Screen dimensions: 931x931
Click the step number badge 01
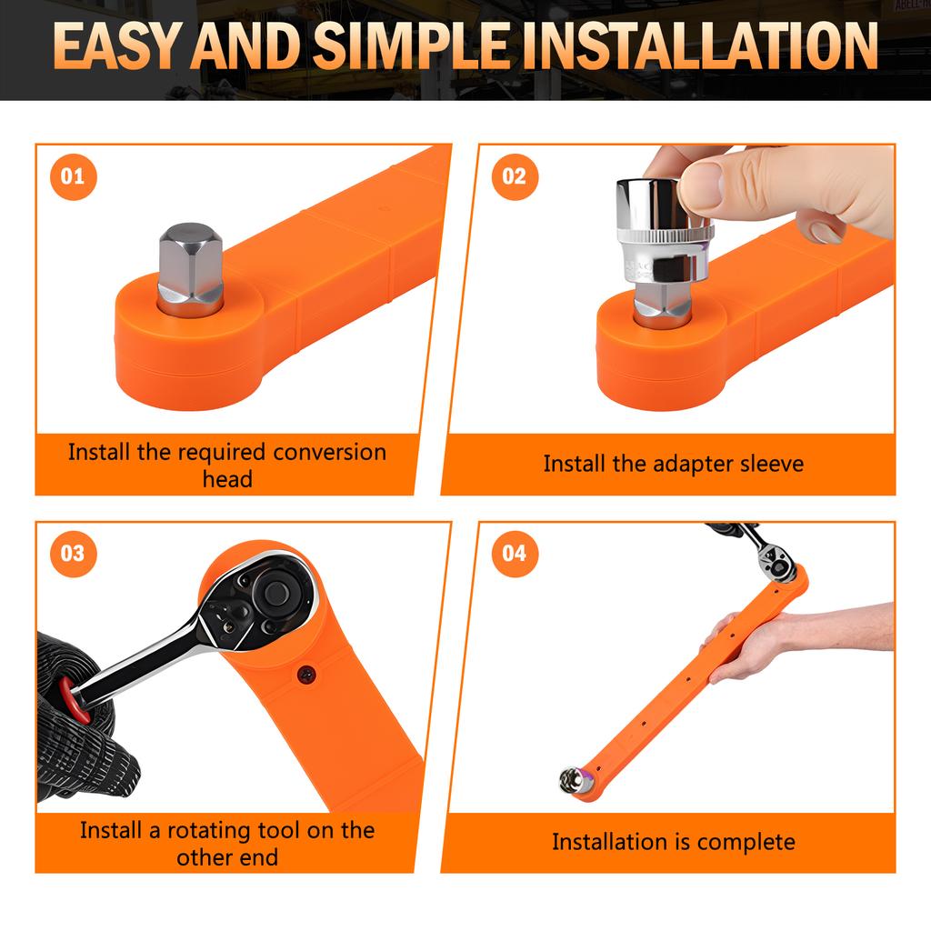point(73,176)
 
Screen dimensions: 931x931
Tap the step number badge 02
point(515,176)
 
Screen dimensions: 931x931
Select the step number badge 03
point(73,554)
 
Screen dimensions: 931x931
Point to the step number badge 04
point(515,554)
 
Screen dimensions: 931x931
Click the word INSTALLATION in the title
point(700,45)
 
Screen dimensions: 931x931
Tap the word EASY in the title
point(116,45)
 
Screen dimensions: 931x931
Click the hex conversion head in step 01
point(190,270)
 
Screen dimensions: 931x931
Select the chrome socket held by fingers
point(664,232)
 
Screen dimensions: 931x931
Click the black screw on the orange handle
point(307,675)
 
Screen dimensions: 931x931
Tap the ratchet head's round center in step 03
point(275,591)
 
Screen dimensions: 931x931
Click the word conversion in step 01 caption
point(329,453)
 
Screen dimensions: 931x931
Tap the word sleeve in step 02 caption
point(772,464)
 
